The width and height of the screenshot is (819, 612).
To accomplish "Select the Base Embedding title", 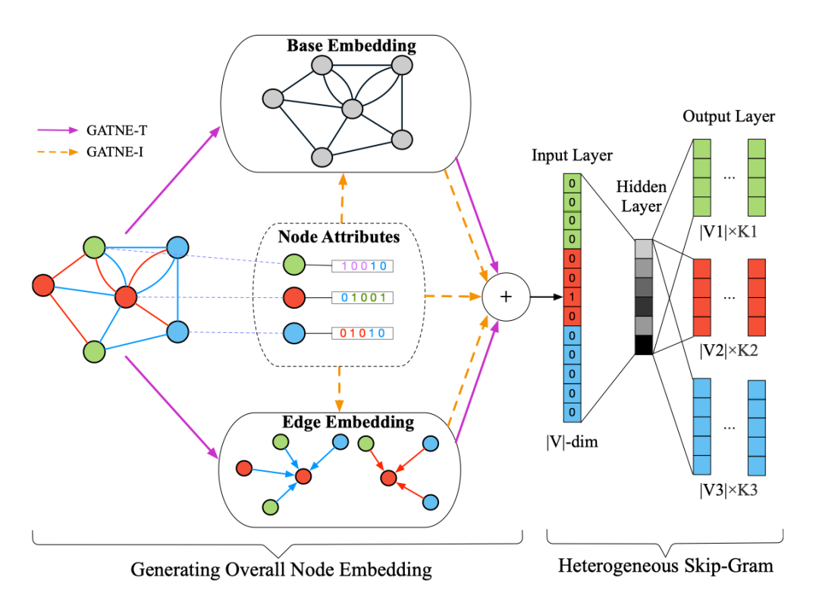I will pos(351,46).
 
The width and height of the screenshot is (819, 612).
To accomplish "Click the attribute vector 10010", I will pos(364,265).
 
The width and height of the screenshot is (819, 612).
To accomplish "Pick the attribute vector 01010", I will pos(364,332).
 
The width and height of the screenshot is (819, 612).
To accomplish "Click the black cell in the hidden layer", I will pos(643,345).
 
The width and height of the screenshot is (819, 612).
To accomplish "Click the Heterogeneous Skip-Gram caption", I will pos(666,566).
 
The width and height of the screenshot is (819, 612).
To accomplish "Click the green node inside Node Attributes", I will pos(293,265).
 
